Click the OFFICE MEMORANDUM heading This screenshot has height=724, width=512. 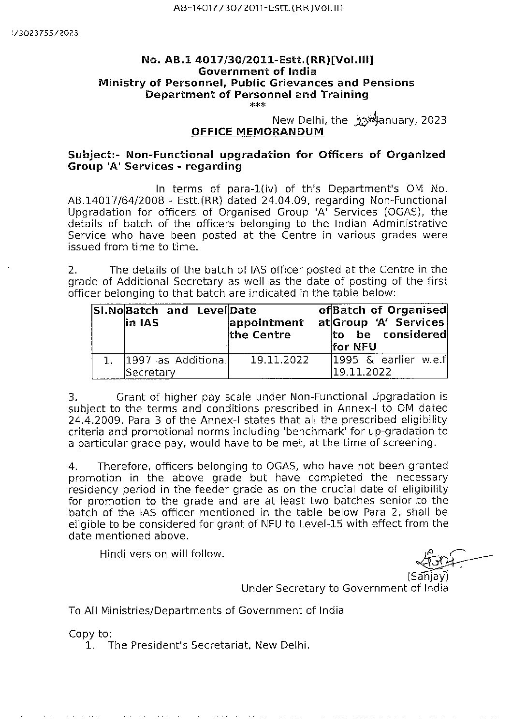[x=258, y=131]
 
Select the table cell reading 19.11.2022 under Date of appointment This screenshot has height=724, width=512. [x=280, y=360]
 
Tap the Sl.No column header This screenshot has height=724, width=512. [x=108, y=310]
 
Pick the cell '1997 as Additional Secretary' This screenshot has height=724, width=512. [x=176, y=366]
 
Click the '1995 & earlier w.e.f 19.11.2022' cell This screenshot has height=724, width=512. [x=389, y=366]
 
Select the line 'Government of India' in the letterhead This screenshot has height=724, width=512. [x=258, y=72]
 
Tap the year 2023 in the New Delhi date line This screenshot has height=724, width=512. [x=434, y=120]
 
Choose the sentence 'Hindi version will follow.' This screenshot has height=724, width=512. [x=162, y=554]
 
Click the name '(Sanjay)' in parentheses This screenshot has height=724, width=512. [x=428, y=576]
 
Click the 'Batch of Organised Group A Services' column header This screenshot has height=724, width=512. [x=389, y=328]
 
